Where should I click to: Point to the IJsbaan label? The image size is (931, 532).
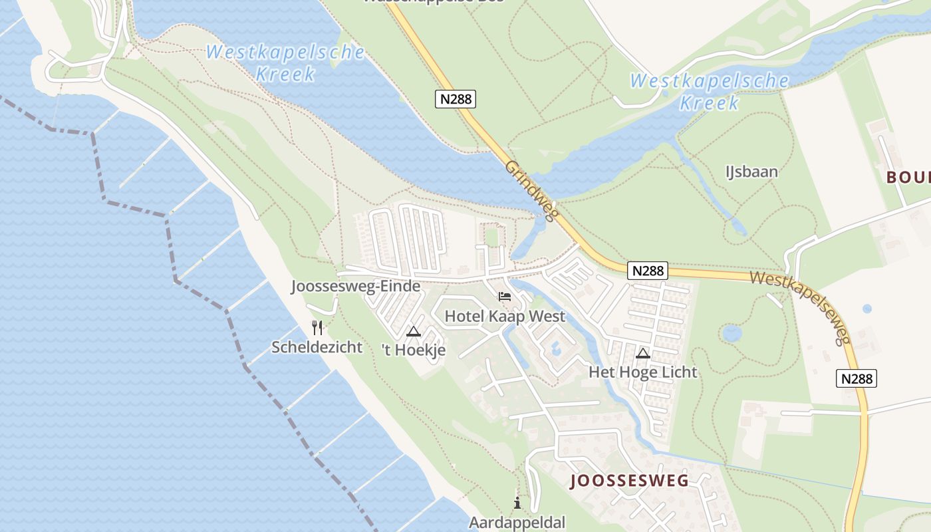pyautogui.click(x=751, y=172)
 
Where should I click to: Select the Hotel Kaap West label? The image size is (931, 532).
pyautogui.click(x=505, y=316)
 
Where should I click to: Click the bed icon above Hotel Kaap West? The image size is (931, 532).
pyautogui.click(x=505, y=296)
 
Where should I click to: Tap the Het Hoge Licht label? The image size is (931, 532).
pyautogui.click(x=643, y=372)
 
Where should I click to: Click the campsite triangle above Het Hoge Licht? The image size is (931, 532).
pyautogui.click(x=643, y=353)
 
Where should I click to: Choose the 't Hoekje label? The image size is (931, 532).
pyautogui.click(x=414, y=350)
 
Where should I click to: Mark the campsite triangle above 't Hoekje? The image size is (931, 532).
pyautogui.click(x=414, y=331)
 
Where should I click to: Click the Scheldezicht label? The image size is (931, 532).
pyautogui.click(x=317, y=346)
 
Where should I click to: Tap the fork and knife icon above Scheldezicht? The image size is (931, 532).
pyautogui.click(x=317, y=327)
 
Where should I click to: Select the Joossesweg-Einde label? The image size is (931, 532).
pyautogui.click(x=356, y=286)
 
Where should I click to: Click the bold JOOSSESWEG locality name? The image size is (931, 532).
pyautogui.click(x=629, y=481)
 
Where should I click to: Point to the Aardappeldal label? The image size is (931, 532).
pyautogui.click(x=517, y=522)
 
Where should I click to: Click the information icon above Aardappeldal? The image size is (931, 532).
pyautogui.click(x=517, y=503)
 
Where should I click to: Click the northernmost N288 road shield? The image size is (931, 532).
pyautogui.click(x=456, y=99)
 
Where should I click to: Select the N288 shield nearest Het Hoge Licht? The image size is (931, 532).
pyautogui.click(x=647, y=271)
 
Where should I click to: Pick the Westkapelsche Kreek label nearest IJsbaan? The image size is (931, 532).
pyautogui.click(x=710, y=92)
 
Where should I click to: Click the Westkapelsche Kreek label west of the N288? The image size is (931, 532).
pyautogui.click(x=285, y=62)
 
